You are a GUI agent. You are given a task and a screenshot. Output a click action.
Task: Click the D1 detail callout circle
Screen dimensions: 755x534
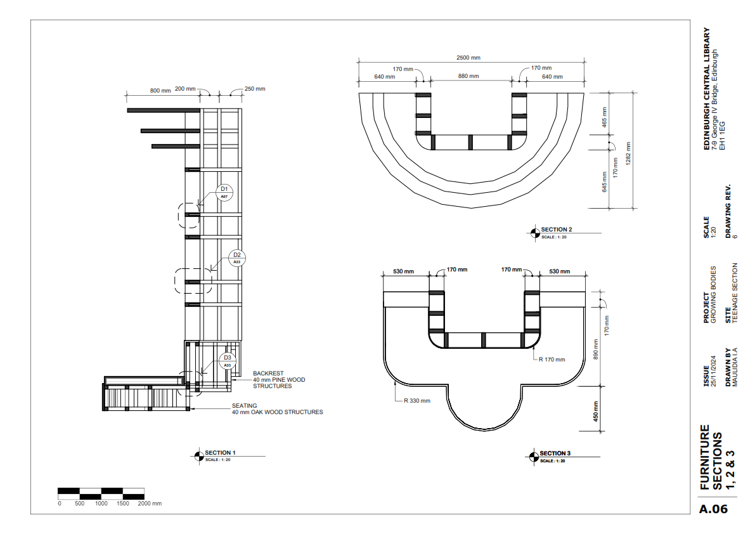224,193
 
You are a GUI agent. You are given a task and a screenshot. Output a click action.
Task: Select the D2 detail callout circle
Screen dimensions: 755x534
237,258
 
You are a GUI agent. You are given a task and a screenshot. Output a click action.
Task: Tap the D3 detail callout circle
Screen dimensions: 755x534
228,361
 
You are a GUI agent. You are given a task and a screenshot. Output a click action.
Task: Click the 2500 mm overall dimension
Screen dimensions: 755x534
468,58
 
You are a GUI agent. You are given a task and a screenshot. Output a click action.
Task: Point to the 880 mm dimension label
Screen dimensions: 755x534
468,76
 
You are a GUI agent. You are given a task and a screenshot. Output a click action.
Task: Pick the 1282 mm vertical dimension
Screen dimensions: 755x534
628,153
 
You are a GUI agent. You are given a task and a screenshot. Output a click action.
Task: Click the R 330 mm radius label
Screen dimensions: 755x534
417,401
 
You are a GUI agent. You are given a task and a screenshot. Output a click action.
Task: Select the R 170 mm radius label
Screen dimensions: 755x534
552,360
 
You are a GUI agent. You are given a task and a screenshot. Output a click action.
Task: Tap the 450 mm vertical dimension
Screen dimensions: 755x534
596,411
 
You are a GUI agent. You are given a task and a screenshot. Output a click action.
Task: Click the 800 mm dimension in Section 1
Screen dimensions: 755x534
160,91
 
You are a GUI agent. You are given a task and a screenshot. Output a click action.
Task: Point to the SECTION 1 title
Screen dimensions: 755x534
220,453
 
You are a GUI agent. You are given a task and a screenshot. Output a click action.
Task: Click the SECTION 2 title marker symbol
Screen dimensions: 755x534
535,233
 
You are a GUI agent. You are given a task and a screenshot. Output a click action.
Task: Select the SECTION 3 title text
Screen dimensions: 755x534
555,453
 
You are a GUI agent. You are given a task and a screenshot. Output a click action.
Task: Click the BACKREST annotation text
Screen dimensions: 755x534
268,373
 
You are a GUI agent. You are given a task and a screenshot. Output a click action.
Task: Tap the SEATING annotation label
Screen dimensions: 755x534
244,406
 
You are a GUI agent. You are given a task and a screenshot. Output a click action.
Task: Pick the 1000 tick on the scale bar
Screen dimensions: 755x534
101,503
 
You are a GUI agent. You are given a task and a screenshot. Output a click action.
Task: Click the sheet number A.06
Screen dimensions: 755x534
714,509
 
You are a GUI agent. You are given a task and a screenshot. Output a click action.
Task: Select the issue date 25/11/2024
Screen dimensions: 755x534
714,371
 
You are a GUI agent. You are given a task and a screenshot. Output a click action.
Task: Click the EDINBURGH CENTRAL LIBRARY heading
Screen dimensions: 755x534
707,89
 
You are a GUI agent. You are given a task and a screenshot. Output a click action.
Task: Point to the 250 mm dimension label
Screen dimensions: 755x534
255,89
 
